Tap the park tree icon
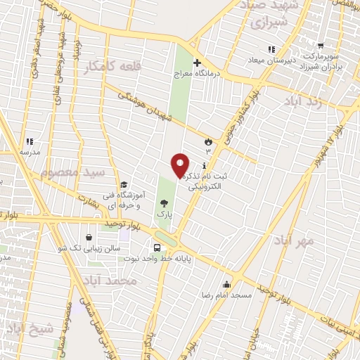164,202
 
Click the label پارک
164,212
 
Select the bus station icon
157,247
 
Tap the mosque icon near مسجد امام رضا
226,285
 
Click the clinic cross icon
198,63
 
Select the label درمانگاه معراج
217,73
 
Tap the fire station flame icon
207,141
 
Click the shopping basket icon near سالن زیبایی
89,238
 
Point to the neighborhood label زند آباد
303,101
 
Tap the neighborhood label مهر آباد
295,240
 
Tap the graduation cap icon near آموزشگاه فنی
124,184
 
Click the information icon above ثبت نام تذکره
204,166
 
